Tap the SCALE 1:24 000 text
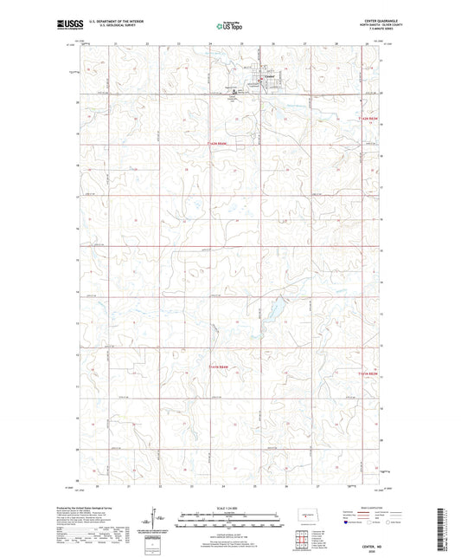(x=229, y=508)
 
